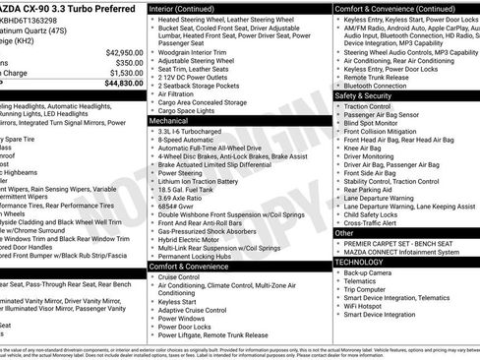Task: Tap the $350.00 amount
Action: pyautogui.click(x=125, y=62)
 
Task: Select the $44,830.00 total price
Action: pyautogui.click(x=118, y=83)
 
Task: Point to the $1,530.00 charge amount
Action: pyautogui.click(x=120, y=72)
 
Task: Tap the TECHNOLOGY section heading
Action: pyautogui.click(x=360, y=263)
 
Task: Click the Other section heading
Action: pyautogui.click(x=344, y=233)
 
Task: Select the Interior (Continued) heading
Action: pyautogui.click(x=189, y=7)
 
